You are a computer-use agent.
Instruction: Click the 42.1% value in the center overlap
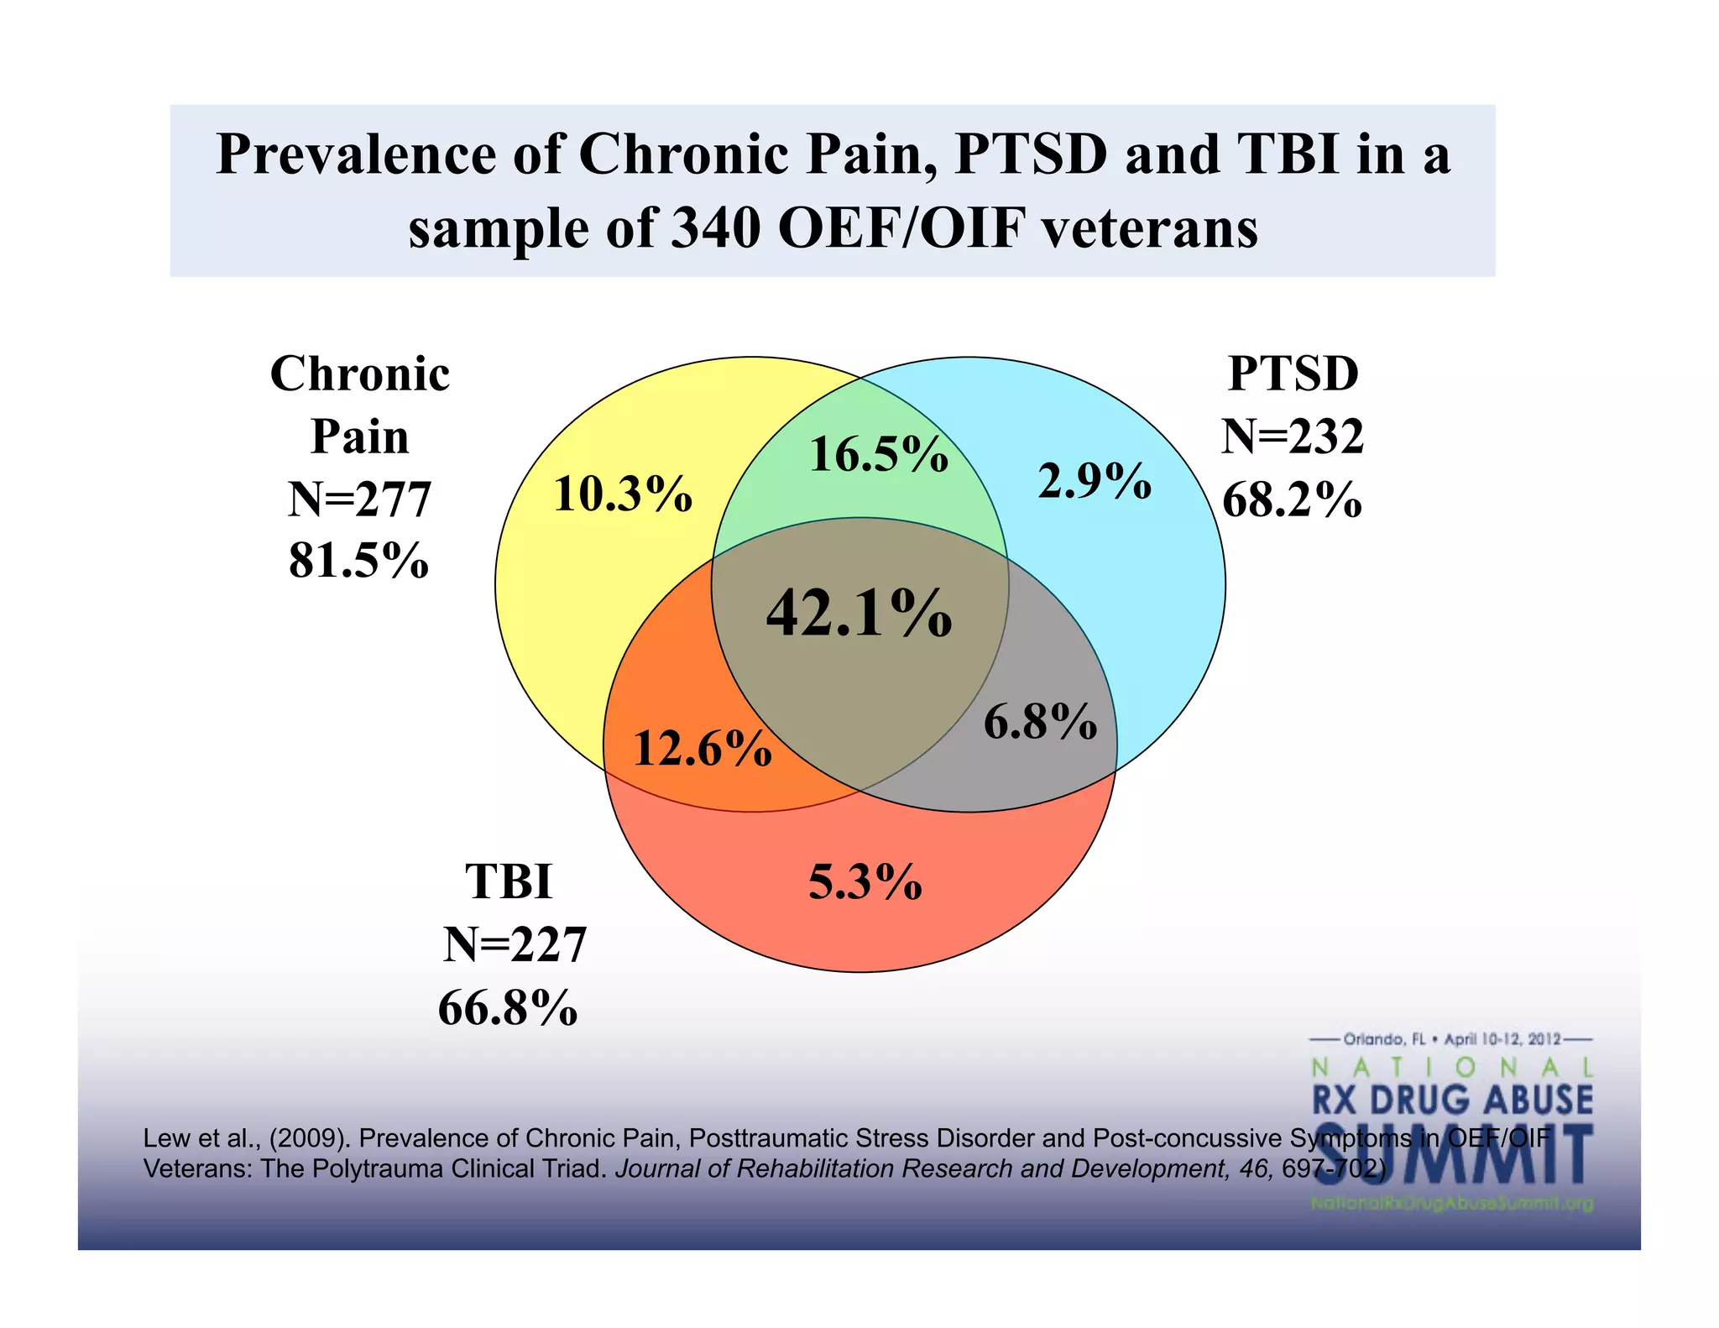[859, 613]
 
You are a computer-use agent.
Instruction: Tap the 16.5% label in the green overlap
[878, 455]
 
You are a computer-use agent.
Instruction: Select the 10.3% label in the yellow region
[623, 494]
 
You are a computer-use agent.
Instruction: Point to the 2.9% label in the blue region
[1095, 482]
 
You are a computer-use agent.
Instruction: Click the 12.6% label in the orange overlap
[702, 749]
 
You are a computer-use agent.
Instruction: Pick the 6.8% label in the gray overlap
[1040, 722]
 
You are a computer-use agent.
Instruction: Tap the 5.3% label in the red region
[865, 882]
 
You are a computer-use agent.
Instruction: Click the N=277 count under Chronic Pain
[359, 499]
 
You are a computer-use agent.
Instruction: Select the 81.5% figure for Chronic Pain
[358, 561]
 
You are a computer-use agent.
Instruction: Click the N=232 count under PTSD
[1292, 437]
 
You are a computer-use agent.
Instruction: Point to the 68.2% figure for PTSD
[1291, 500]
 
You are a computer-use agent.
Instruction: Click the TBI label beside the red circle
[509, 882]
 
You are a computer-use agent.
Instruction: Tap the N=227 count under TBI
[514, 945]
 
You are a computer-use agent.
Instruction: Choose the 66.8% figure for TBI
[508, 1008]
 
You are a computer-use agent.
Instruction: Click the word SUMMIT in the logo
[1452, 1154]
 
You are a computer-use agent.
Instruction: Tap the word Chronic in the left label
[359, 374]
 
